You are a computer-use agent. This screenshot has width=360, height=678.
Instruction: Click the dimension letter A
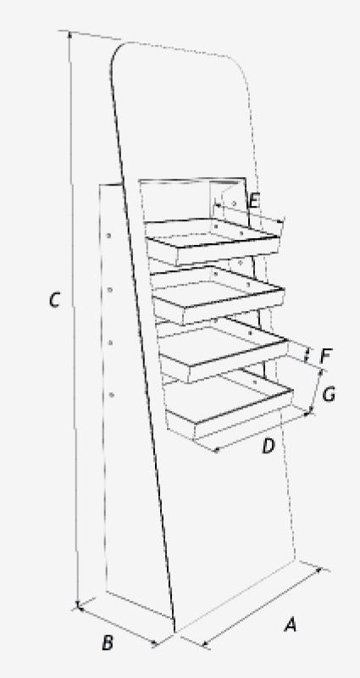(x=291, y=625)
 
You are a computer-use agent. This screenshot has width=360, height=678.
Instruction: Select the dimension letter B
(x=108, y=643)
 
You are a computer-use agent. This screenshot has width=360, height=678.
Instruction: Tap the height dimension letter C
(x=54, y=300)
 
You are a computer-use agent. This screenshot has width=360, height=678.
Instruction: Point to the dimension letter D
(x=269, y=447)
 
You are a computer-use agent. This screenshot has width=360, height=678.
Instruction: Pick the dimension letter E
(x=254, y=201)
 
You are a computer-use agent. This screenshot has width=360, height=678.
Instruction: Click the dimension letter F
(x=325, y=356)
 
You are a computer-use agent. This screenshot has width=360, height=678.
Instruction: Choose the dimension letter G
(x=329, y=394)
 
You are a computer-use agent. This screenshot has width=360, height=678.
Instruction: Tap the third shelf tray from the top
(x=222, y=349)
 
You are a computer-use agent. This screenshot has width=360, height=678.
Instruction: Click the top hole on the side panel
(x=109, y=236)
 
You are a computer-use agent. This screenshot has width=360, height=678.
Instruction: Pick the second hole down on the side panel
(x=110, y=290)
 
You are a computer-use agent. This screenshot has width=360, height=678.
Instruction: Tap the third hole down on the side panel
(x=110, y=343)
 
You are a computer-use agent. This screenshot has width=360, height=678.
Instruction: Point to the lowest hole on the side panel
(x=112, y=395)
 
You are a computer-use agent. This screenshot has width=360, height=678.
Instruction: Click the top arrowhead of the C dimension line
(x=69, y=35)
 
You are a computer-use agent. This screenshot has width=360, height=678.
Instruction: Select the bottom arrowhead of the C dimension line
(x=78, y=604)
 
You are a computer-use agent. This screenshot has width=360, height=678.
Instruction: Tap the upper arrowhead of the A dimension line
(x=319, y=570)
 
